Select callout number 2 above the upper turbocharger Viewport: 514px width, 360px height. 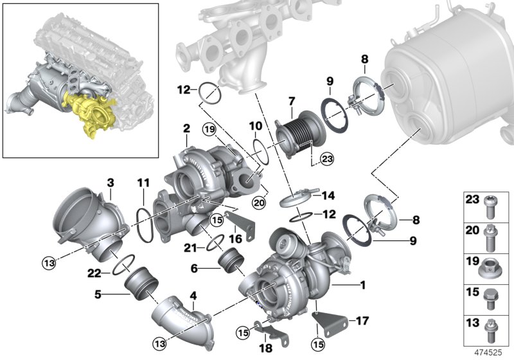186,129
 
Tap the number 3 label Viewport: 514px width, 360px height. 110,183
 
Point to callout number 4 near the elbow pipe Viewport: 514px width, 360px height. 192,296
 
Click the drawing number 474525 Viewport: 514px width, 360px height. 489,352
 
